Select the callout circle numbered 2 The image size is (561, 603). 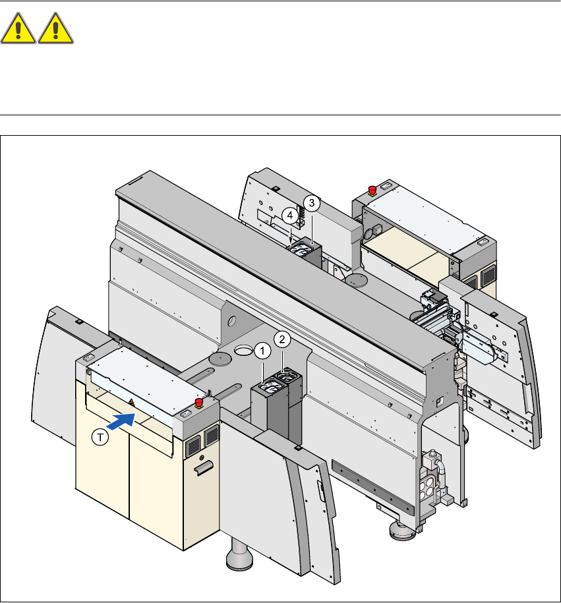click(x=281, y=340)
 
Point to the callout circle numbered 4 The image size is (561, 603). click(x=289, y=215)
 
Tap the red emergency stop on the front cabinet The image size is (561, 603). click(x=198, y=403)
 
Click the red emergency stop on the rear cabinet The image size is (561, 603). click(x=372, y=190)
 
